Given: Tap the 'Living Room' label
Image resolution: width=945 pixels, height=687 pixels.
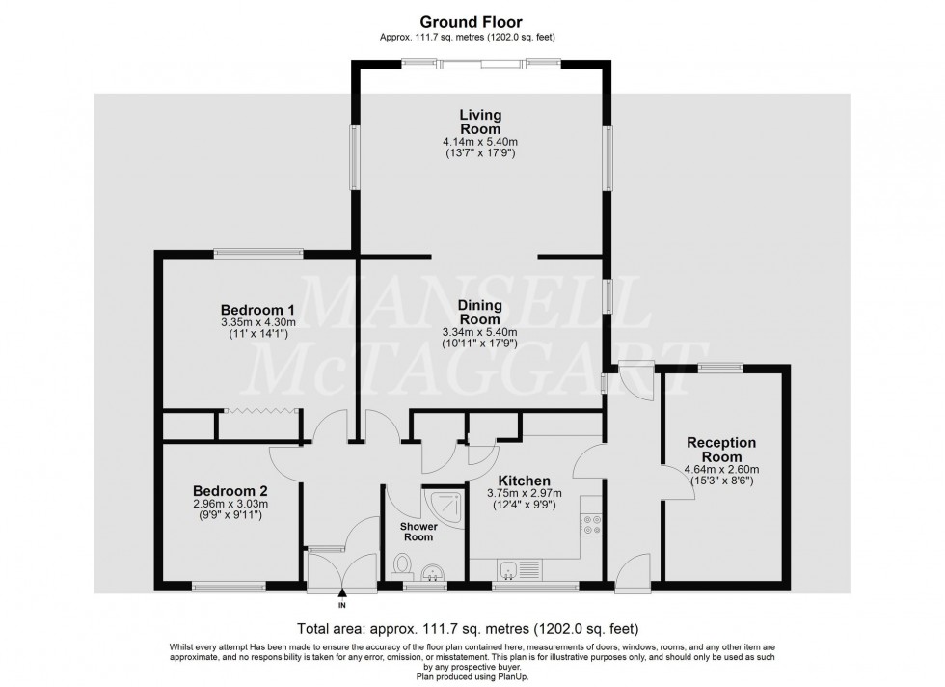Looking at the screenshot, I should (479, 122).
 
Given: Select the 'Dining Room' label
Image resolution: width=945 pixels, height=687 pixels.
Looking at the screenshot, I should (479, 312).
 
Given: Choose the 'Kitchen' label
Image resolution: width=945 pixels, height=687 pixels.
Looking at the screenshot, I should (524, 481).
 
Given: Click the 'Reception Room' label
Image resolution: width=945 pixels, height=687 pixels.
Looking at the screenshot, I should (721, 450).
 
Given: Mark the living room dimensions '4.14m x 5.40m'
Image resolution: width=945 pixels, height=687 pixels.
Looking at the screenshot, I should (479, 141).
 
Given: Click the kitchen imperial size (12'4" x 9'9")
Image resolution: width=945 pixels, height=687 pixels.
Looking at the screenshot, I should (524, 505).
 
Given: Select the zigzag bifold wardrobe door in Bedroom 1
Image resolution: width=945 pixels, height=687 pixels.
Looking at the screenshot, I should (256, 412).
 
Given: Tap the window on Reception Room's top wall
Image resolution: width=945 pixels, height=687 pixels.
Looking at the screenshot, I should (720, 366).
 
